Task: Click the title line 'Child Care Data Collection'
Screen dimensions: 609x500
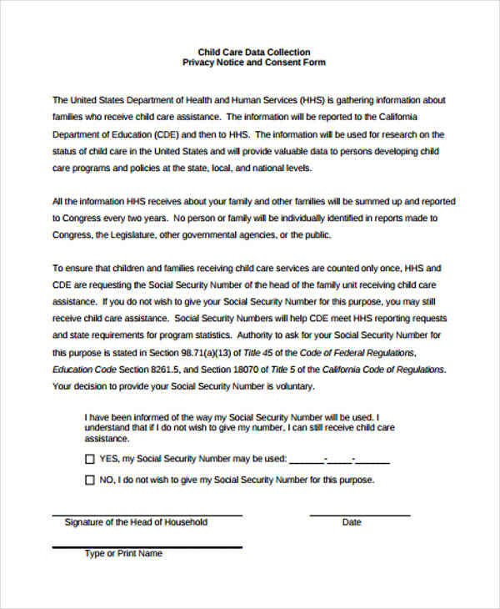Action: coord(253,52)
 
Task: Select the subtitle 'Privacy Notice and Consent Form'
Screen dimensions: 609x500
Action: coord(253,63)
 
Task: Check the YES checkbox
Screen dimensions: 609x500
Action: coord(90,459)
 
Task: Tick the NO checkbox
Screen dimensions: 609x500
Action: coord(90,481)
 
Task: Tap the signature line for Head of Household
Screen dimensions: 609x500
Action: coord(147,514)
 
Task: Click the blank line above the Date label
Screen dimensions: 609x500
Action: coord(359,514)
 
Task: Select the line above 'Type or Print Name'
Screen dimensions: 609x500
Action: coord(147,546)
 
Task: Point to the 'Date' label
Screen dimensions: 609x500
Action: coord(352,523)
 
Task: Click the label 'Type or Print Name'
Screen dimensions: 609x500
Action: coord(123,554)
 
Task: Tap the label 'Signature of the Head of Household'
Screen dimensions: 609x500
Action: coord(136,523)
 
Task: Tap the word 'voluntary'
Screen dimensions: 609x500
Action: coord(289,386)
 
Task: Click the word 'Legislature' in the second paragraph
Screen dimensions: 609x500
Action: coord(133,235)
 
